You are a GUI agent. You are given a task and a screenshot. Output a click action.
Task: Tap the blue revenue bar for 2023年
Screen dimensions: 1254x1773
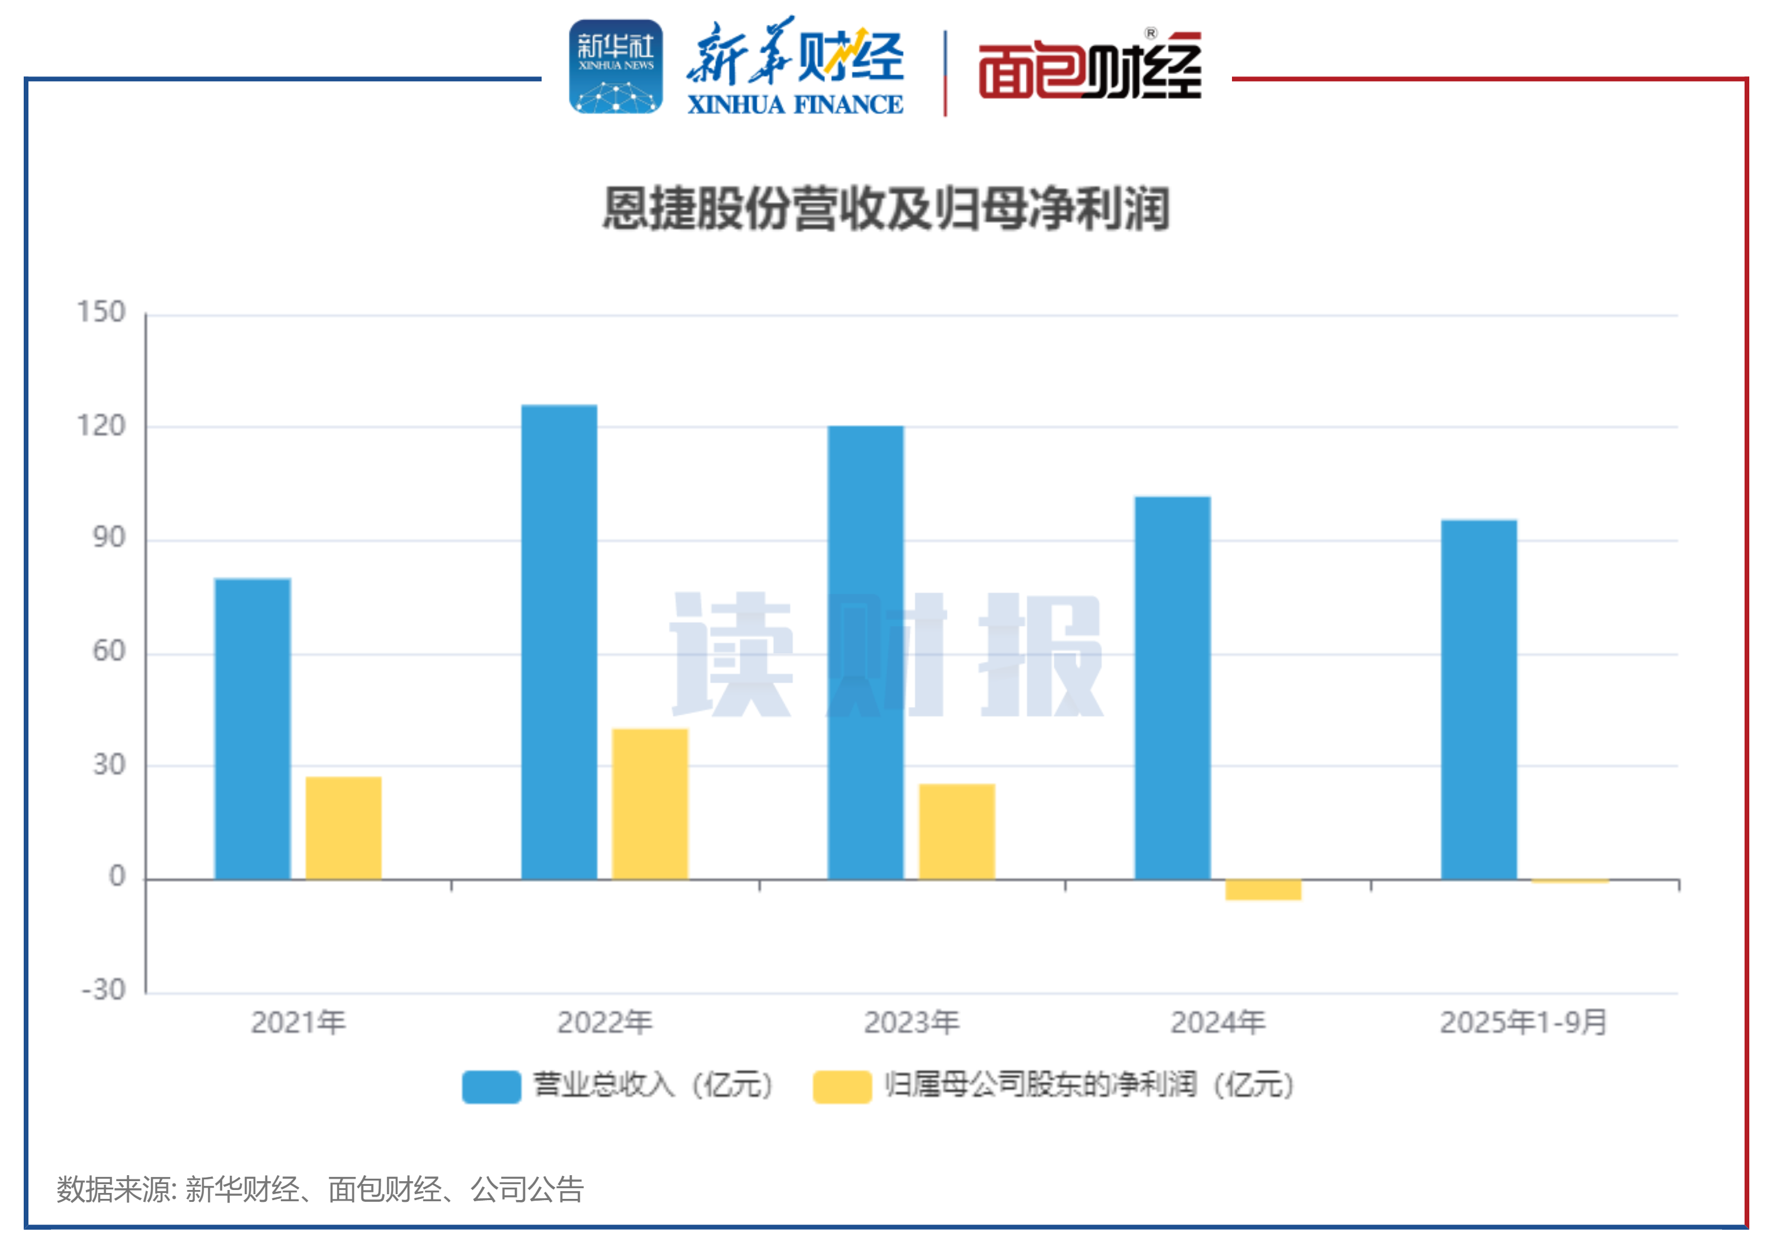[x=866, y=652]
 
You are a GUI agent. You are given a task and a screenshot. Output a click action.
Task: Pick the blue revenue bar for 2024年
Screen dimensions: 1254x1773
[x=1172, y=687]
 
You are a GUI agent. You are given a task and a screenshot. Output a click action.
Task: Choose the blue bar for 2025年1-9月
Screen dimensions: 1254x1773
[x=1479, y=699]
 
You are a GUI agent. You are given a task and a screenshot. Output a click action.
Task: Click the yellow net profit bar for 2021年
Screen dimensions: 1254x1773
[x=344, y=828]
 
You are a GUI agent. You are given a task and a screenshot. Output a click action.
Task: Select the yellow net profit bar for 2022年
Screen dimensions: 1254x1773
[x=650, y=804]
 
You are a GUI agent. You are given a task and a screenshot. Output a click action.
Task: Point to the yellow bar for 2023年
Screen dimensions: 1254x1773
[x=957, y=831]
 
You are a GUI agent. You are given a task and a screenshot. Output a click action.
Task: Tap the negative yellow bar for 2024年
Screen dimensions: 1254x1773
[x=1263, y=890]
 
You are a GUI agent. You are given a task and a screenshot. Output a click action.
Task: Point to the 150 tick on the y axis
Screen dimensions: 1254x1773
[x=101, y=313]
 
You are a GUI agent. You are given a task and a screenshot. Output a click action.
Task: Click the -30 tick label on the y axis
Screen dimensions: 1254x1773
[x=104, y=989]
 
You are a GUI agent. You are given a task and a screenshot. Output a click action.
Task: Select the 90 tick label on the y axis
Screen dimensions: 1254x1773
[x=109, y=538]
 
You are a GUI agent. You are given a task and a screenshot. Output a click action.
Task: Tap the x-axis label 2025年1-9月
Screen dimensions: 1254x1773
[x=1524, y=1022]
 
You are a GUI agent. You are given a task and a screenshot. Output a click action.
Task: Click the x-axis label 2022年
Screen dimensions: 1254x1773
[x=604, y=1022]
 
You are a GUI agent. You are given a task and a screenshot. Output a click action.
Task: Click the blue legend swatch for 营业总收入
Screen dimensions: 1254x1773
[x=491, y=1086]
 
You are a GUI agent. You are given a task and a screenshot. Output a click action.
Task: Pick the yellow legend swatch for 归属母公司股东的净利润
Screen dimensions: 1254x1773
[x=841, y=1086]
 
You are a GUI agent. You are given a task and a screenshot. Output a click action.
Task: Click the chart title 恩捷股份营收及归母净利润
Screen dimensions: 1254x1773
[x=886, y=209]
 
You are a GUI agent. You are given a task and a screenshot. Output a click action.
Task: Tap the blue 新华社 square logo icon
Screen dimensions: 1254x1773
[x=616, y=67]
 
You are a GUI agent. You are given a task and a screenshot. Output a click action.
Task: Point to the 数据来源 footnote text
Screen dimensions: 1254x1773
[x=319, y=1189]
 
